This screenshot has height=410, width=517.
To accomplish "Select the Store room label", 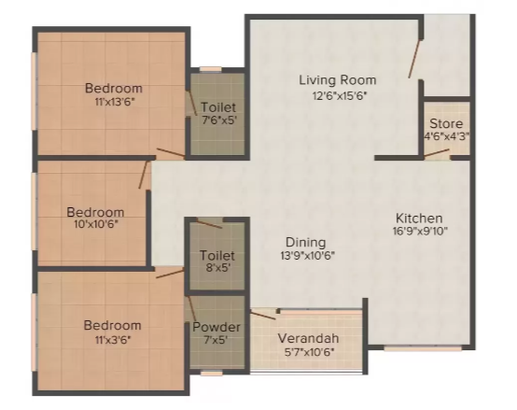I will (x=445, y=123).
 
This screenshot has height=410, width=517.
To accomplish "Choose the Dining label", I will (x=307, y=240).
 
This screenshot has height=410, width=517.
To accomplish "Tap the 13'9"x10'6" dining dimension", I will (x=307, y=255).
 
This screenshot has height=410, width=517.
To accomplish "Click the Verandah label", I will (x=308, y=338).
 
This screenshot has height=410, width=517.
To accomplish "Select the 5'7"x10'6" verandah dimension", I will (x=308, y=353).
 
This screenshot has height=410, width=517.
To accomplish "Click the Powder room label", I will (x=217, y=327).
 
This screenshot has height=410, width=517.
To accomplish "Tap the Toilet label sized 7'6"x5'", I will (x=218, y=107).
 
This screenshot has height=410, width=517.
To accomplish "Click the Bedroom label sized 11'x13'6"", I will (x=113, y=88).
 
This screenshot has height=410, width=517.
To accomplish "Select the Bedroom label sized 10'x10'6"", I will (x=94, y=212).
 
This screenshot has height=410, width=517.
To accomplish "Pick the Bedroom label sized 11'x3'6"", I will (x=112, y=325).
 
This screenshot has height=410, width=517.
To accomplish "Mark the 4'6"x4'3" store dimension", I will (x=445, y=136).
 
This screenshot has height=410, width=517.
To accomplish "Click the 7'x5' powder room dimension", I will (x=217, y=341).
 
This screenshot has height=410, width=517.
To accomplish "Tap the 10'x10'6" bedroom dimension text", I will (x=94, y=225).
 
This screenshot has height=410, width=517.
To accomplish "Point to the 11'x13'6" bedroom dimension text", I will (x=113, y=102).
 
